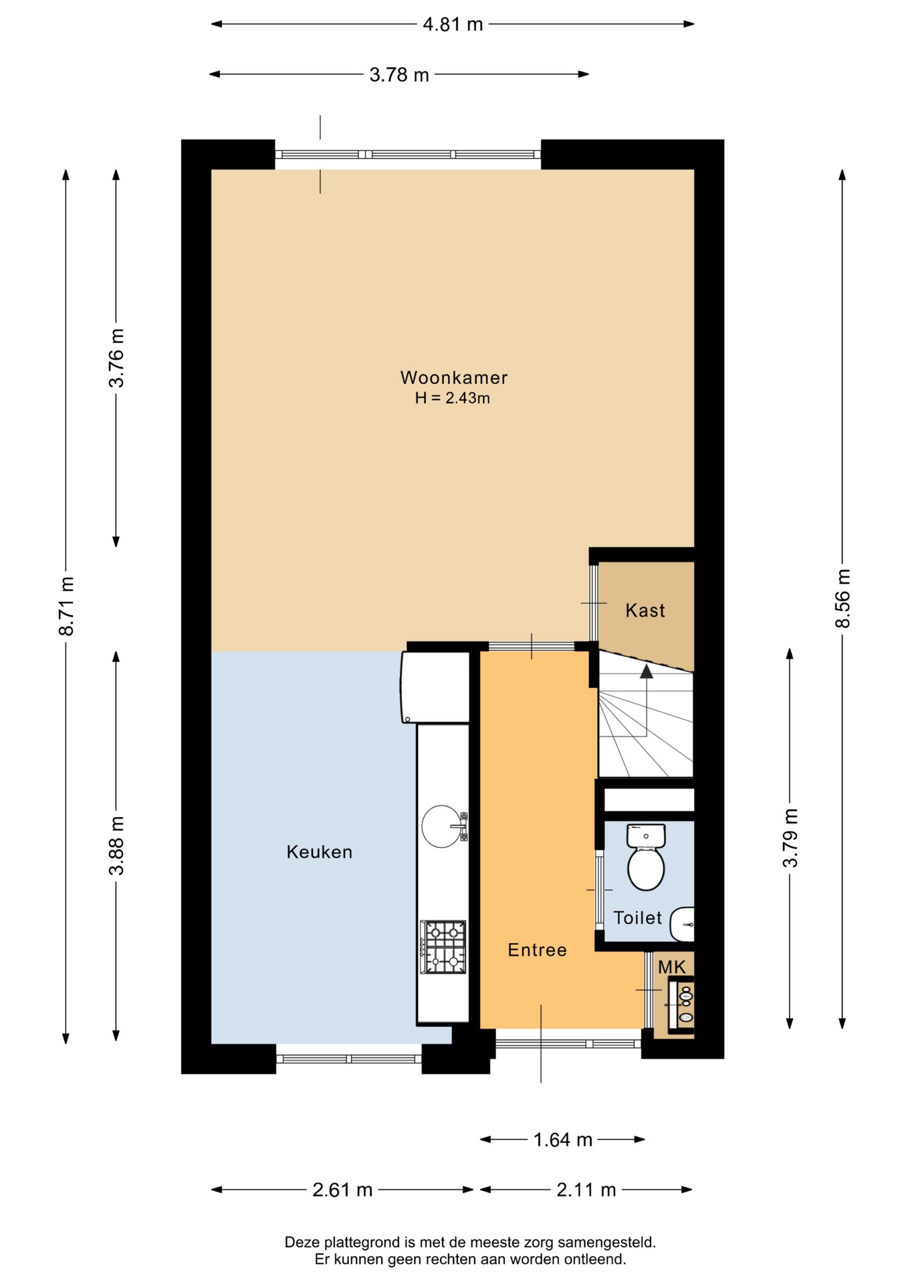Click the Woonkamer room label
click(x=454, y=378)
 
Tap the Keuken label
click(x=320, y=852)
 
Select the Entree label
click(x=537, y=950)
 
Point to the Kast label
click(x=645, y=611)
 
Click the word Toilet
click(x=638, y=918)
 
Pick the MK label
click(x=672, y=967)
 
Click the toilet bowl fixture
click(x=646, y=857)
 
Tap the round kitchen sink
click(x=442, y=826)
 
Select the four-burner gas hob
click(x=443, y=947)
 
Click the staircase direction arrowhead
click(x=646, y=672)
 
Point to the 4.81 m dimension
click(x=453, y=25)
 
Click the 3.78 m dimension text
click(x=399, y=75)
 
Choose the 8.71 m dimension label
click(x=66, y=606)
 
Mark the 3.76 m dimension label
click(x=116, y=358)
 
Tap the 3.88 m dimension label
click(x=116, y=846)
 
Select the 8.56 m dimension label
click(x=843, y=599)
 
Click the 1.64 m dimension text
click(x=563, y=1140)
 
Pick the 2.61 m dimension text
click(x=342, y=1190)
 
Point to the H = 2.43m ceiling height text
click(x=453, y=399)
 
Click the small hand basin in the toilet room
click(x=683, y=925)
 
